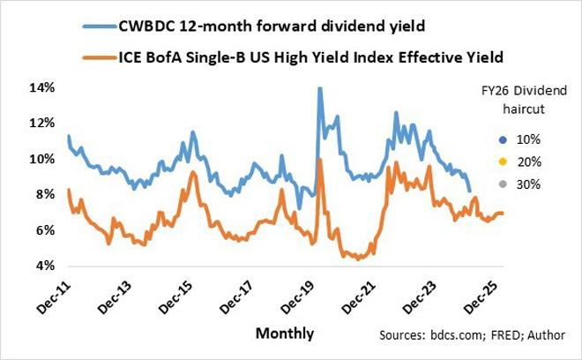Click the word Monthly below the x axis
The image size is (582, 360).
pyautogui.click(x=285, y=334)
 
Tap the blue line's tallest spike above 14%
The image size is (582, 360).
pyautogui.click(x=318, y=88)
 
